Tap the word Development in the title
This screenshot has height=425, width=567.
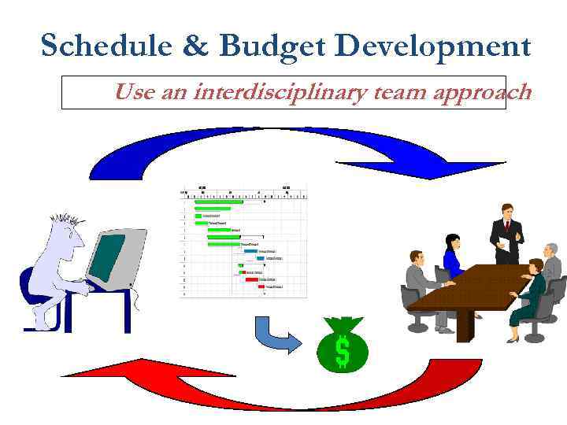pyautogui.click(x=434, y=47)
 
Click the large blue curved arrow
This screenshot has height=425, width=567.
pyautogui.click(x=291, y=146)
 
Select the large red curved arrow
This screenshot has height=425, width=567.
pyautogui.click(x=276, y=386)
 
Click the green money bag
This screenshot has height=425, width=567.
pyautogui.click(x=342, y=346)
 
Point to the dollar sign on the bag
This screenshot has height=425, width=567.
pyautogui.click(x=342, y=352)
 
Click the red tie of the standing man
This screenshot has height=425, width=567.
pyautogui.click(x=507, y=229)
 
